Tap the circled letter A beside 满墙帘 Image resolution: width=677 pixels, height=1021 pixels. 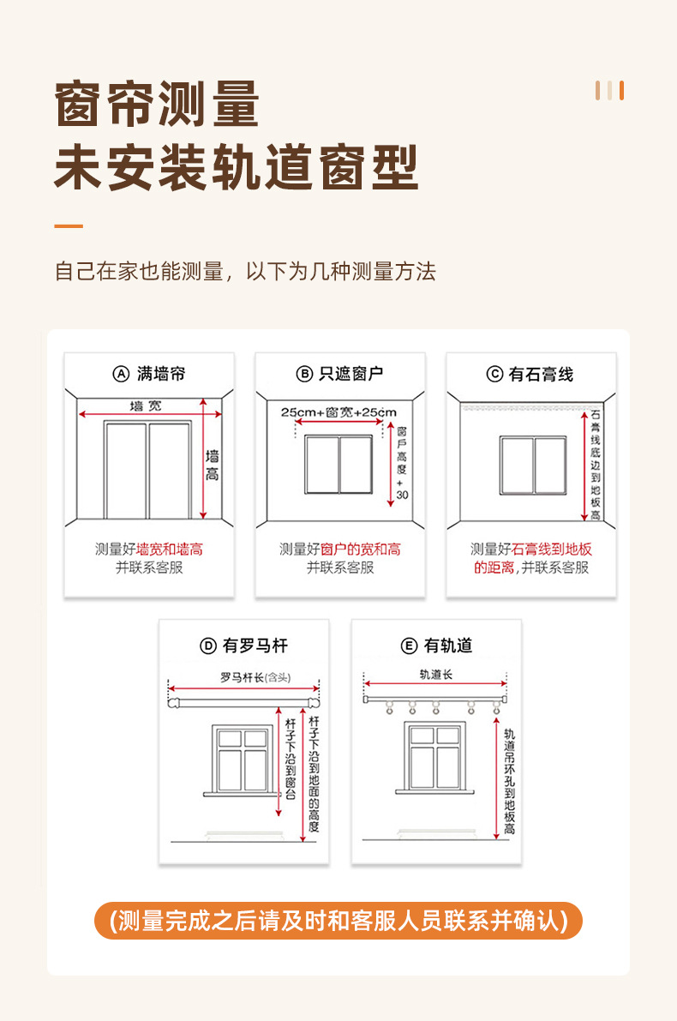click(x=121, y=374)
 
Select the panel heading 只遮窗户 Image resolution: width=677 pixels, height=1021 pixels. click(x=350, y=374)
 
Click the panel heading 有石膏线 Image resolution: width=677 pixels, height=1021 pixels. click(x=541, y=374)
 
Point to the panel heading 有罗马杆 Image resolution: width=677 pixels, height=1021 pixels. click(x=255, y=646)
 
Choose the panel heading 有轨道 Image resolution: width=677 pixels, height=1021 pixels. click(x=447, y=646)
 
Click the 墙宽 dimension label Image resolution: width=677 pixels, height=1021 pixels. click(x=145, y=405)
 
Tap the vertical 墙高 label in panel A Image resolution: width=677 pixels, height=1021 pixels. click(x=213, y=465)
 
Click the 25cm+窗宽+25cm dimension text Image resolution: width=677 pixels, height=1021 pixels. click(x=339, y=412)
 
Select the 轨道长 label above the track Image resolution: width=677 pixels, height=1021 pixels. click(x=435, y=675)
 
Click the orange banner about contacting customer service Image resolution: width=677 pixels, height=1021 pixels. click(x=338, y=921)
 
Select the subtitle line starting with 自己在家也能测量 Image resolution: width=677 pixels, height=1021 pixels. click(x=245, y=272)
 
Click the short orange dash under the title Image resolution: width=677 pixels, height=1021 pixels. click(x=69, y=226)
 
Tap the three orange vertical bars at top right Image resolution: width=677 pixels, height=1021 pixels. click(x=609, y=91)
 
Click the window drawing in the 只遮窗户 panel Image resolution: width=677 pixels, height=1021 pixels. click(x=339, y=465)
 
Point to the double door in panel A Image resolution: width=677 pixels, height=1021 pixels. click(x=147, y=470)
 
